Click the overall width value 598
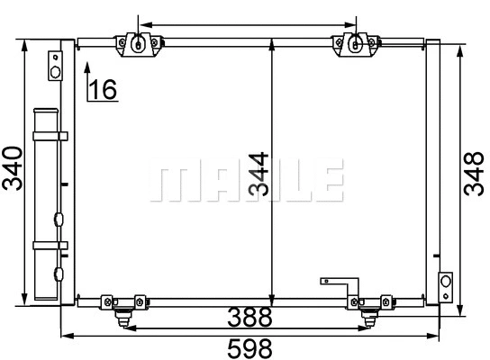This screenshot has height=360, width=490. (245, 346)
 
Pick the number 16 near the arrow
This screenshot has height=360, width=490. (104, 88)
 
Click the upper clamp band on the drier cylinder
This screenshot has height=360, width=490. (50, 136)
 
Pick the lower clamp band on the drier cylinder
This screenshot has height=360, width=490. (50, 244)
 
